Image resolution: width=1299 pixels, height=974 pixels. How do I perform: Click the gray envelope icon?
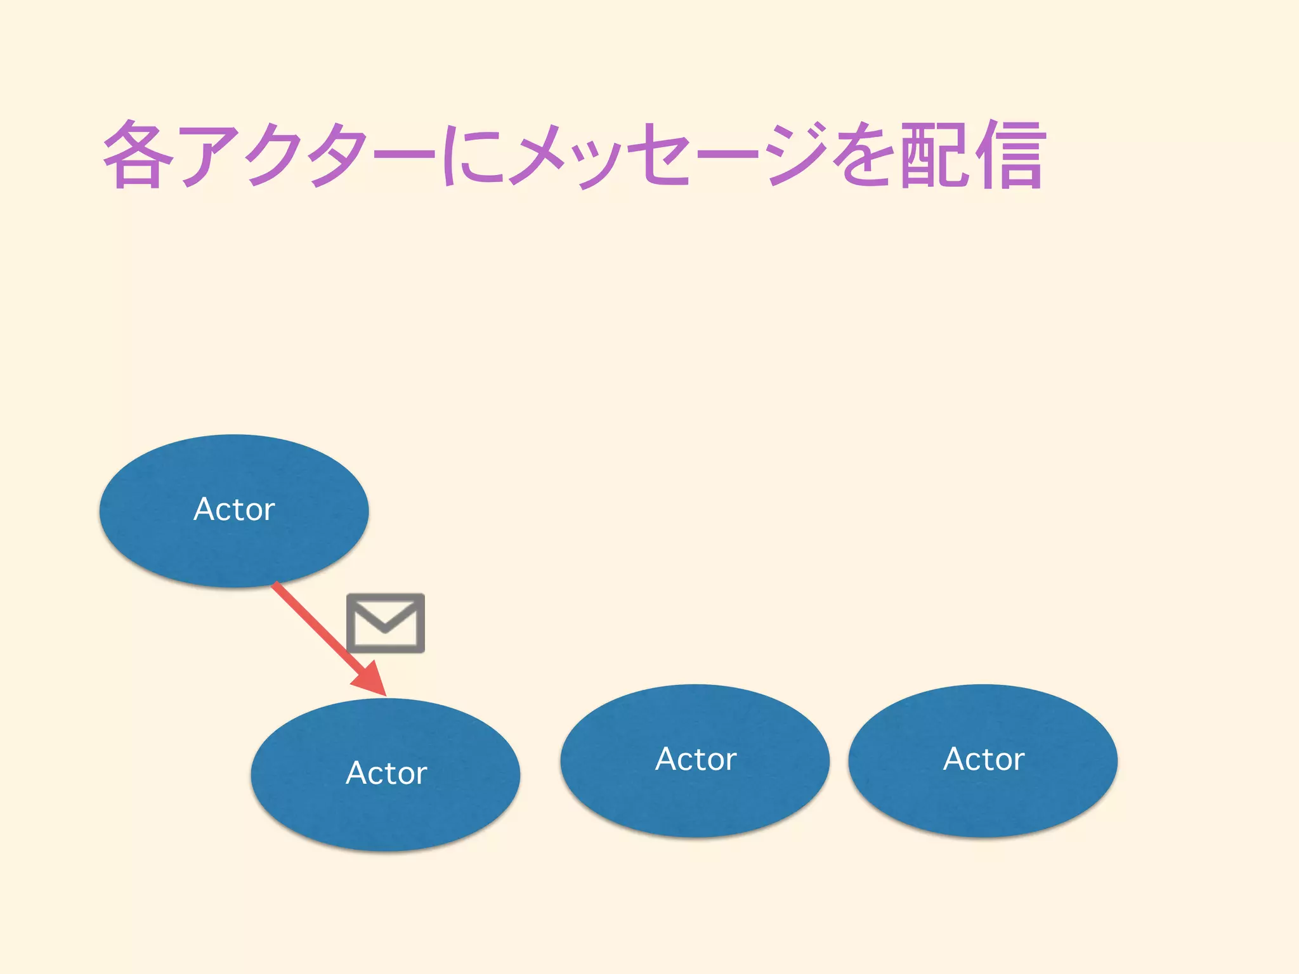[386, 623]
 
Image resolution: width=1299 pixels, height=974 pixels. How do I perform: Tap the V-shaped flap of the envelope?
[386, 618]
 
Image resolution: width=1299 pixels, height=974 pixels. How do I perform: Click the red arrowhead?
[372, 680]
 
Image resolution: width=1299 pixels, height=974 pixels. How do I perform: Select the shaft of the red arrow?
[311, 621]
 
